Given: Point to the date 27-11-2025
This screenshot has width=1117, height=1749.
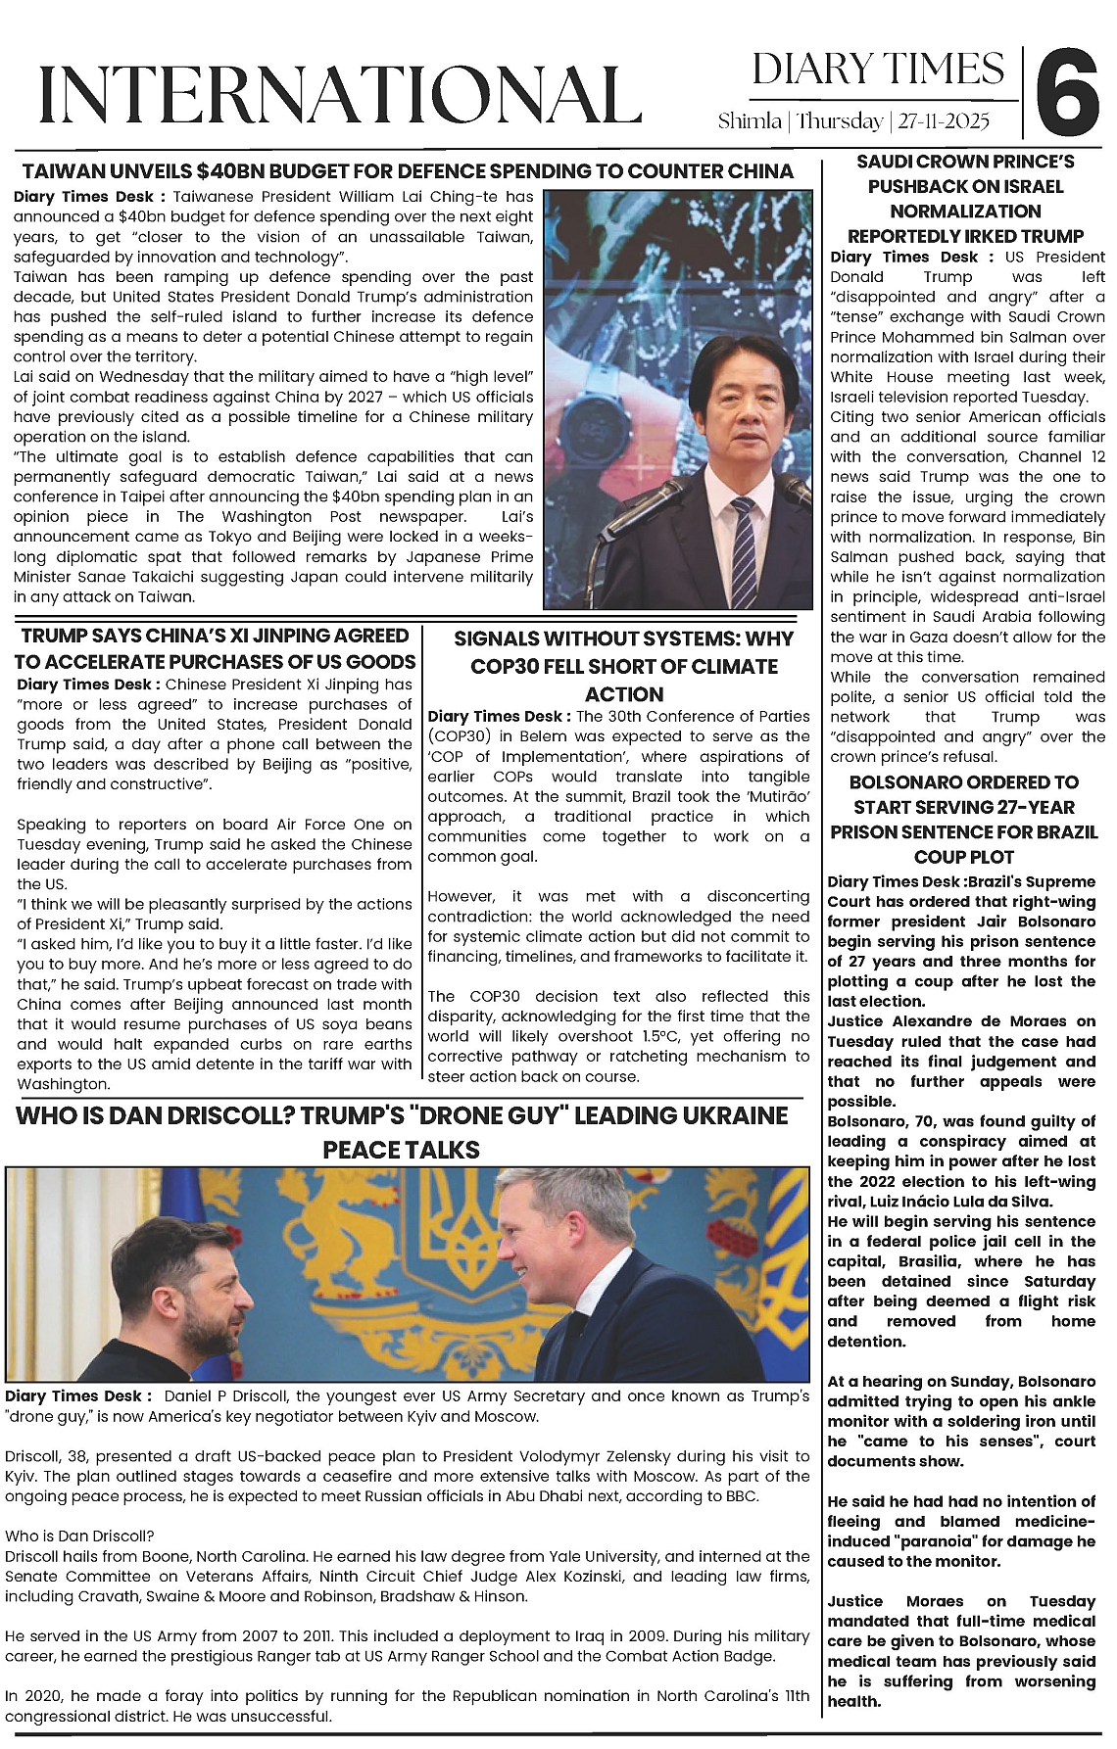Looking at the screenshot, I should (944, 121).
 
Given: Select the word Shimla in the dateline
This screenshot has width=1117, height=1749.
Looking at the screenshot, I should (750, 121).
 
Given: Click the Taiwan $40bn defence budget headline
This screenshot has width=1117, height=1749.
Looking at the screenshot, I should (408, 171).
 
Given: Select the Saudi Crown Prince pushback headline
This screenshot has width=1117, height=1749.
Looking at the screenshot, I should (965, 199).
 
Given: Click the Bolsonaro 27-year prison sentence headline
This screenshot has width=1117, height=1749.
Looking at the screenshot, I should (964, 820).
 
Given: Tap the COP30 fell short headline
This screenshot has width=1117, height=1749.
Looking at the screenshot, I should (623, 666).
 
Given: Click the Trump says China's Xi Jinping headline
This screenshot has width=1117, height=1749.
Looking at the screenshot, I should (216, 648).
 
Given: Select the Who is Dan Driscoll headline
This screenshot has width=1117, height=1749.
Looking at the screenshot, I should (402, 1132).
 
